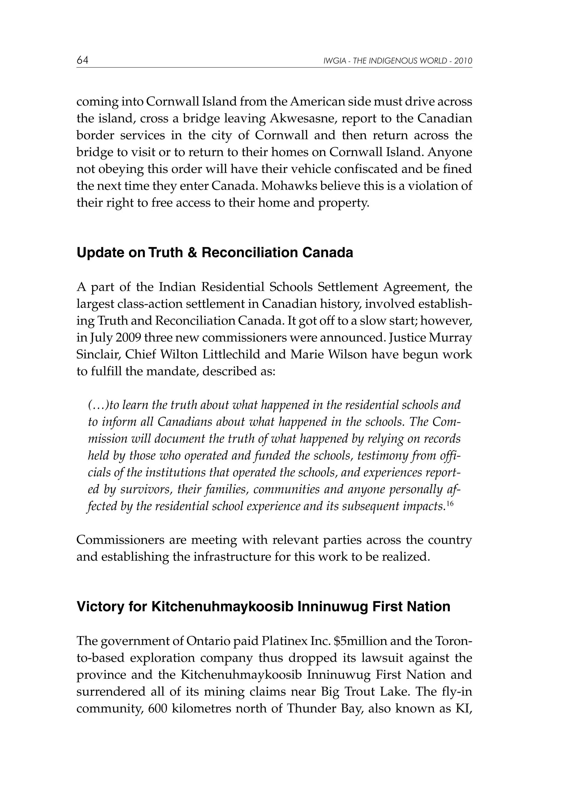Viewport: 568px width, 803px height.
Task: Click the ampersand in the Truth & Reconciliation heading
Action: [x=192, y=253]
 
